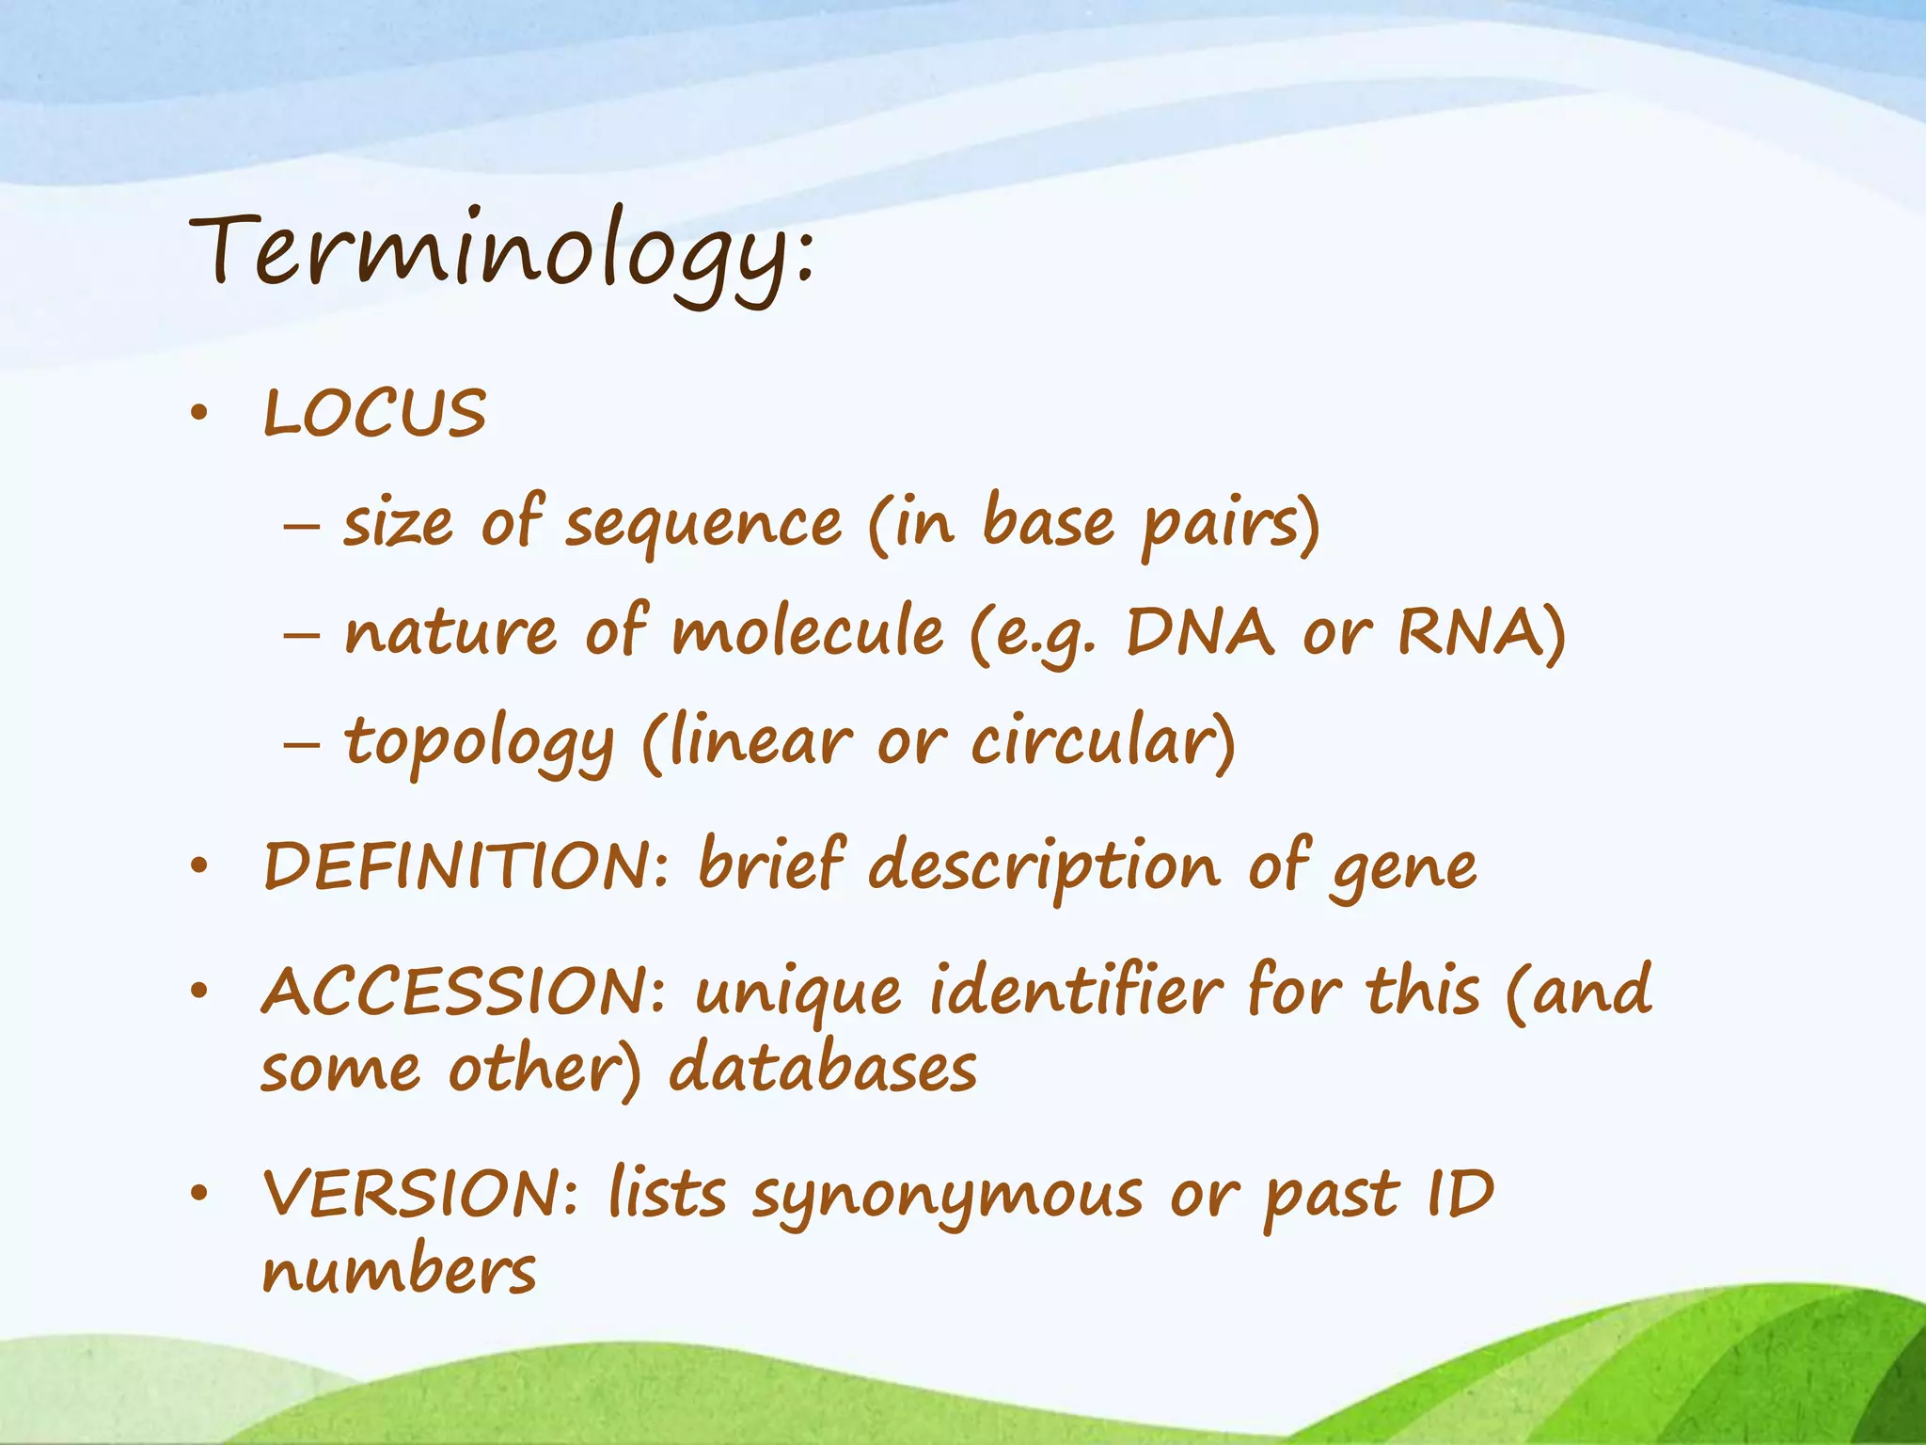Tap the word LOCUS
click(x=374, y=414)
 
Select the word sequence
click(x=703, y=525)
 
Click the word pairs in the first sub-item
click(x=1230, y=525)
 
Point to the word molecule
click(x=807, y=632)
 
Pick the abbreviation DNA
click(x=1200, y=632)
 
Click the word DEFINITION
click(x=465, y=865)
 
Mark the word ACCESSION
click(x=463, y=992)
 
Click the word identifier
click(x=1077, y=992)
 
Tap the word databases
click(x=823, y=1071)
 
